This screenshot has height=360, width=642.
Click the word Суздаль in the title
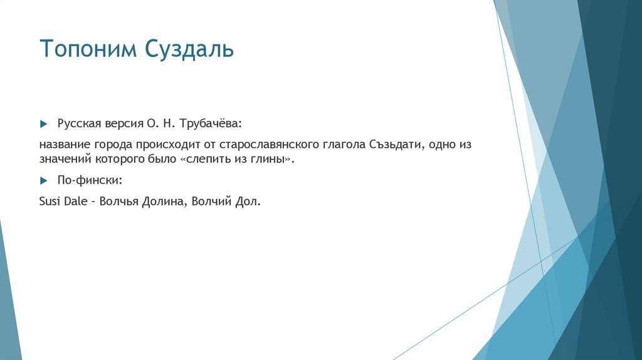[191, 49]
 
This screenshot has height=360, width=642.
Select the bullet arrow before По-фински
[43, 181]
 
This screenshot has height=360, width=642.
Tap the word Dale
[75, 202]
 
